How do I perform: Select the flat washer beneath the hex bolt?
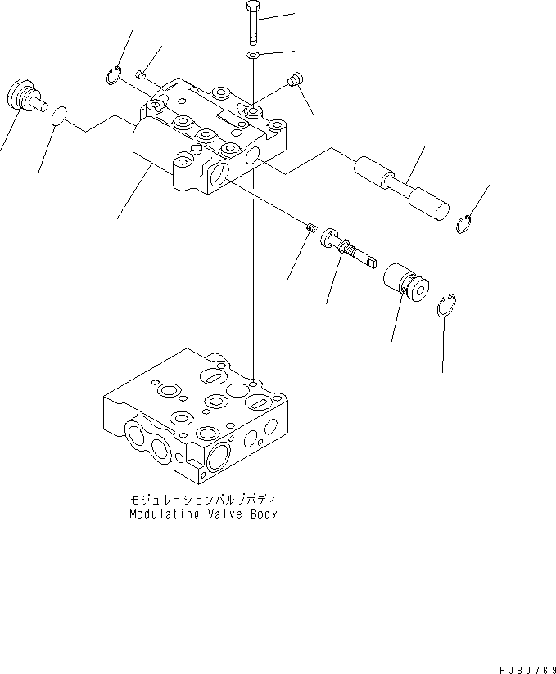pyautogui.click(x=254, y=56)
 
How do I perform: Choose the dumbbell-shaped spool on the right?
pyautogui.click(x=401, y=189)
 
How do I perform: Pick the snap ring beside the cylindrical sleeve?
pyautogui.click(x=446, y=303)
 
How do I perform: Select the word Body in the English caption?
pyautogui.click(x=263, y=514)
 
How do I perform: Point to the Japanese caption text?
pyautogui.click(x=203, y=499)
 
